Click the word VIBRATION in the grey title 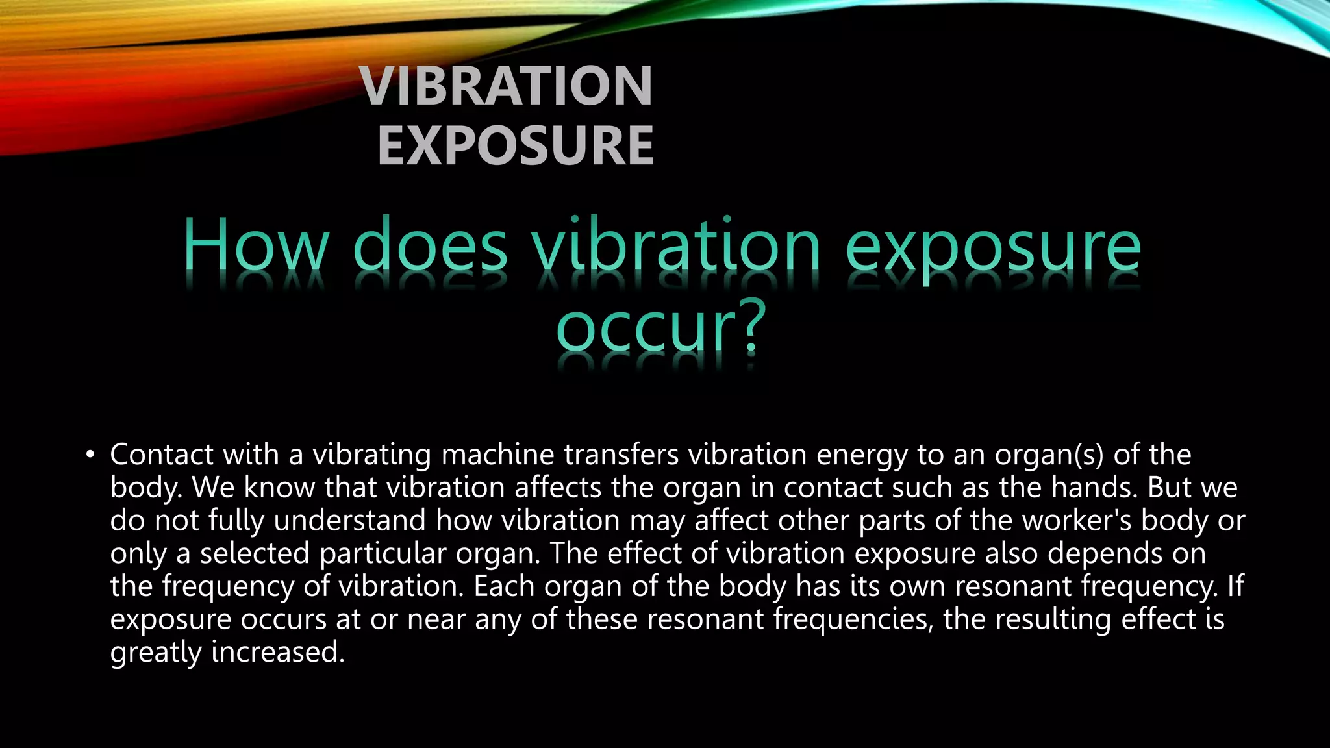point(507,86)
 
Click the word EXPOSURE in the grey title point(516,146)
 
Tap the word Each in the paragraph point(503,586)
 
